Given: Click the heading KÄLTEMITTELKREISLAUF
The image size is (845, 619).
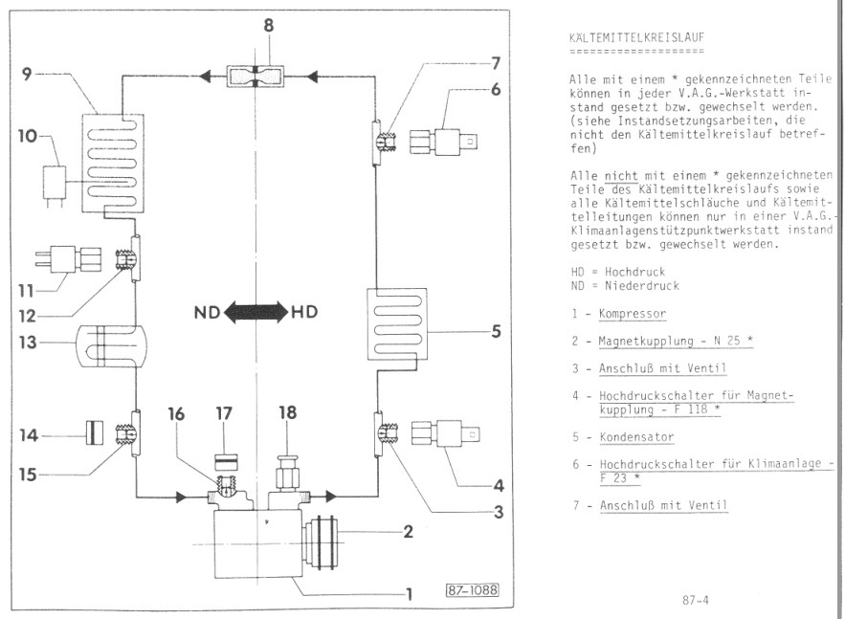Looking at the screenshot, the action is coord(636,37).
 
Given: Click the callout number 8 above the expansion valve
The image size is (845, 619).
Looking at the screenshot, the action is coord(268,25).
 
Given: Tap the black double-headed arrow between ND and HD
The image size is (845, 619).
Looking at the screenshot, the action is coord(256,312).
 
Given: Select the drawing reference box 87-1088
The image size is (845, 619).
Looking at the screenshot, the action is coord(472,590).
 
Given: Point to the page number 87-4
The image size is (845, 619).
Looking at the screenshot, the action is coord(695,600).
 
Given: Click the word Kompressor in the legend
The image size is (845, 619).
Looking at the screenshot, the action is coord(633,314).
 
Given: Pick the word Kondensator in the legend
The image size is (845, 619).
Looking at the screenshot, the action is coord(636,437).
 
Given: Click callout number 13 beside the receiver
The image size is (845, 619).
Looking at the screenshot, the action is coord(28,343).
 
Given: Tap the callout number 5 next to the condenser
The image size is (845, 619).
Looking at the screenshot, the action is coord(496,331).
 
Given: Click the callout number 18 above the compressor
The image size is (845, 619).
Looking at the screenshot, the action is coord(287,412).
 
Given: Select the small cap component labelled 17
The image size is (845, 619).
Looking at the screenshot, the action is coord(227,462).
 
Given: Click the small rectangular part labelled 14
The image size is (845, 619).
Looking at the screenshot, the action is coord(94,432).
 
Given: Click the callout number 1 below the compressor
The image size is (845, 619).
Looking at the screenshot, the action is coord(409,594).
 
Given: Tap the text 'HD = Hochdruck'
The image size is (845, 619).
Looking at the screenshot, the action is coord(618,272).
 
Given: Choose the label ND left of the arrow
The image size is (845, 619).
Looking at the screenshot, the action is coord(207,312).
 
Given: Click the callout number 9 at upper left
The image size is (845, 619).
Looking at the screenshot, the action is coord(27,74).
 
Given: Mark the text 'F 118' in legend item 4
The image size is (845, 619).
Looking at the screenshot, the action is coord(690,409).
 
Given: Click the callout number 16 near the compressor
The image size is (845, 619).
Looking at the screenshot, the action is coord(176,413).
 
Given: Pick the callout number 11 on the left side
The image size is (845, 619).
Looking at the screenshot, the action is coord(26,291).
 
